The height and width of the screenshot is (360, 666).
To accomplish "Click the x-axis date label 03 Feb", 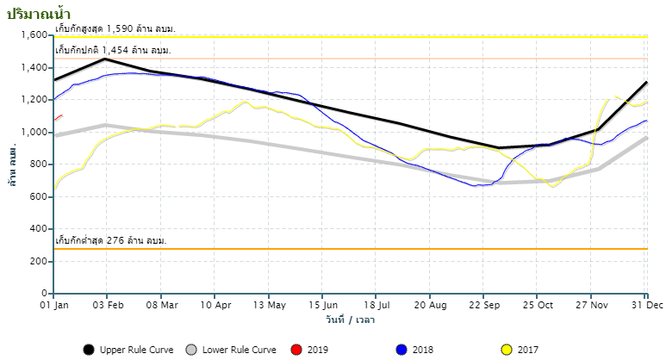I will [107, 305].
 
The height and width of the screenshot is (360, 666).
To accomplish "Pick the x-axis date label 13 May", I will [270, 305].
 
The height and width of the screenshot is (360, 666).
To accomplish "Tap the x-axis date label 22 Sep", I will [485, 305].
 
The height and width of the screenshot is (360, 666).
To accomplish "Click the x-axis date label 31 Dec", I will [646, 305].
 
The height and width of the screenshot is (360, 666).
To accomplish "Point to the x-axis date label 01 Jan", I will [54, 305].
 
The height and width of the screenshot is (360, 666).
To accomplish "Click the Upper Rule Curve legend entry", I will [128, 350].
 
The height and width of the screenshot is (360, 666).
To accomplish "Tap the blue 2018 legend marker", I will [401, 350].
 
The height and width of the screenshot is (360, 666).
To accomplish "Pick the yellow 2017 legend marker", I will [507, 350].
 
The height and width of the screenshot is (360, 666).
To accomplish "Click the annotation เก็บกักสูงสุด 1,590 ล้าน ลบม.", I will [115, 29].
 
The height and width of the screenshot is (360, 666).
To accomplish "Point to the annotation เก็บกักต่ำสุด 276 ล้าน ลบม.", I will [110, 240].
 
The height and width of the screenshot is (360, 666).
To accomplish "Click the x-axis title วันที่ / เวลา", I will [350, 320].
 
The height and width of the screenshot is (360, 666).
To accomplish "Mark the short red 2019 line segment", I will [58, 117].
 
